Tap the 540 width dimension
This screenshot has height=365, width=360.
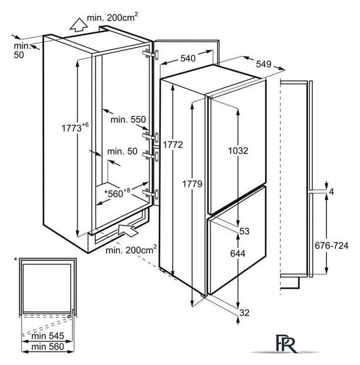point(188,58)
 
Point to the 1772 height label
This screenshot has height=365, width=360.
point(172,145)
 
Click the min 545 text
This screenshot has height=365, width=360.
point(45,336)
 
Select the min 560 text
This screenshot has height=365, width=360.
point(45,347)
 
